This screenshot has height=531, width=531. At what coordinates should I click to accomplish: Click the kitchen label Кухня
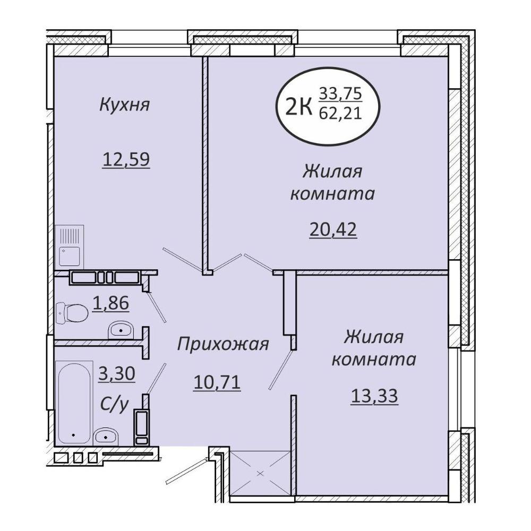coord(124,105)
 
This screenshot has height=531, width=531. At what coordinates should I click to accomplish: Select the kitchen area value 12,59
coord(126,159)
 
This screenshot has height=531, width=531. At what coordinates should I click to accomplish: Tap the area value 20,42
coord(333,229)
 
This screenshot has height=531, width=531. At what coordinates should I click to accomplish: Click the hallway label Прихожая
coord(223,344)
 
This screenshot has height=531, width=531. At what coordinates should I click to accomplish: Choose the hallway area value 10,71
coord(217,382)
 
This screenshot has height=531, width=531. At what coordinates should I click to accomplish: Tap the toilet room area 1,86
coord(112,303)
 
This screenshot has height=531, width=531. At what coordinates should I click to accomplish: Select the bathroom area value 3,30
coord(117,374)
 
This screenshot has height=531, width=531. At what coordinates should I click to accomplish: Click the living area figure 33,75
coord(341,93)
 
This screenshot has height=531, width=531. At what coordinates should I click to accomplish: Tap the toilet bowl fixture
coord(72,313)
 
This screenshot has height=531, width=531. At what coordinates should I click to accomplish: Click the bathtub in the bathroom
coord(74,403)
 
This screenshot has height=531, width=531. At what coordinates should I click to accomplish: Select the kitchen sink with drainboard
coord(70,246)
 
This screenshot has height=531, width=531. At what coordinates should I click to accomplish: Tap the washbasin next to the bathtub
coord(105,436)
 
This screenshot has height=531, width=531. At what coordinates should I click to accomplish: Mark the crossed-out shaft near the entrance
coord(260,474)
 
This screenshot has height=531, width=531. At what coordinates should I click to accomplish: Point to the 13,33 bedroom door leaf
coord(281,370)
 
